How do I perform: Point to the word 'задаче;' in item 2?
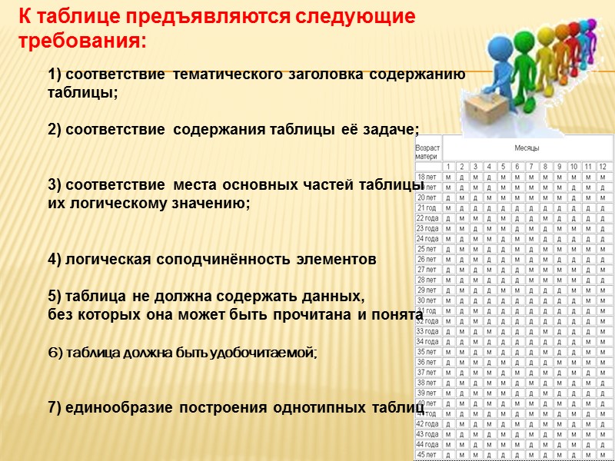pos(394,129)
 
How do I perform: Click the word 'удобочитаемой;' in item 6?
pos(267,352)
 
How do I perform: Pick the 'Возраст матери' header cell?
pos(427,151)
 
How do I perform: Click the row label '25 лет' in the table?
pos(427,249)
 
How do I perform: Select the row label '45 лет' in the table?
pos(427,455)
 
